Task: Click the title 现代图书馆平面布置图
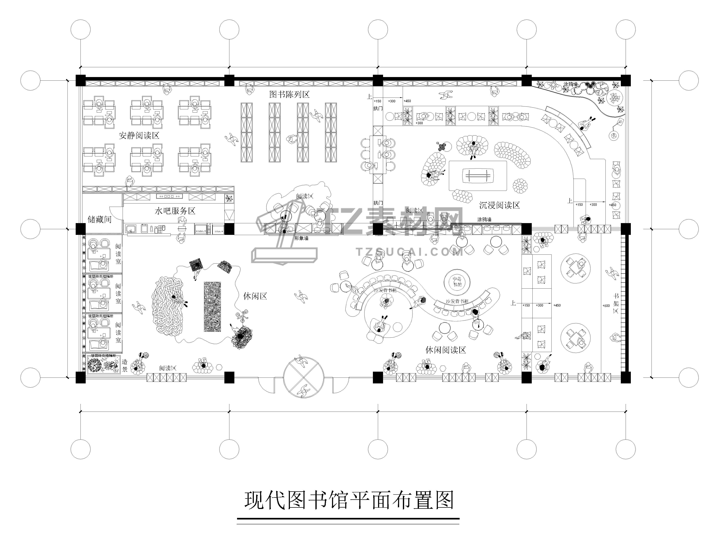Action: (x=349, y=500)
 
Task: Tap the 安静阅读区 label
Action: (x=139, y=135)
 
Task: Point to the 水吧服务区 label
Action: (x=175, y=211)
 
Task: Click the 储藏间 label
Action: (x=99, y=220)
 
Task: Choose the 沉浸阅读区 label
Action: (x=499, y=205)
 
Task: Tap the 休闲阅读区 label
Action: (x=445, y=350)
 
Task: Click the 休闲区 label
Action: (x=255, y=296)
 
